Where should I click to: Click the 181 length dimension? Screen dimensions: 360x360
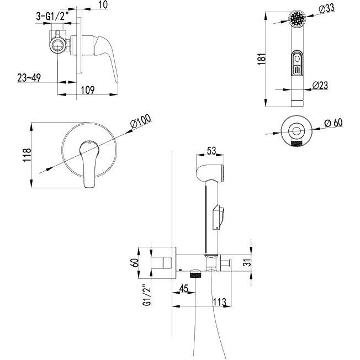point(262,59)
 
